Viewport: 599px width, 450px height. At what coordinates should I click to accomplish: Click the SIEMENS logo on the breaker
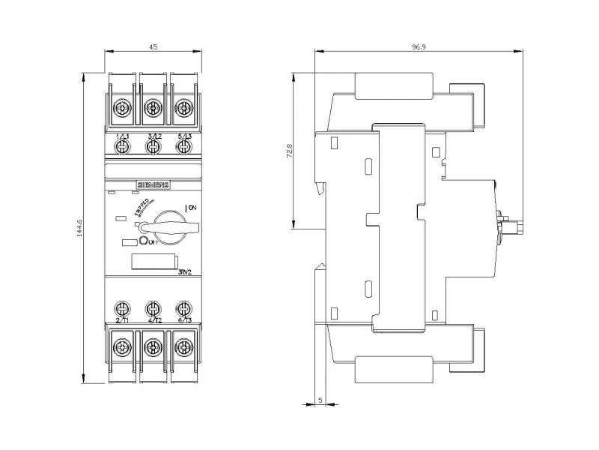point(153,184)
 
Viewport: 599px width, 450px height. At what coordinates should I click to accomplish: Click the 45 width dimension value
point(153,46)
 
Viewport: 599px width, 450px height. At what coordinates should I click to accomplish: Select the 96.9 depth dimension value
point(418,46)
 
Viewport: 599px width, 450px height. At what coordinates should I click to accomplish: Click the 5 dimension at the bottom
point(320,401)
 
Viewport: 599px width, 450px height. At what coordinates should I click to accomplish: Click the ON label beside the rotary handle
point(191,207)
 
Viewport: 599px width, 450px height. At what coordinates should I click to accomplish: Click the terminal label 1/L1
point(121,135)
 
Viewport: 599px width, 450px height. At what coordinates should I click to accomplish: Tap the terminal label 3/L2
point(153,135)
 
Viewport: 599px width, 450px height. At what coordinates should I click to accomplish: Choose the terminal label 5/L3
point(184,135)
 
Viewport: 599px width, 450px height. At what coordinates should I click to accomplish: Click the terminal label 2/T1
point(121,320)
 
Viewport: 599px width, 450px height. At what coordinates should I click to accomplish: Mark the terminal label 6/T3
point(184,320)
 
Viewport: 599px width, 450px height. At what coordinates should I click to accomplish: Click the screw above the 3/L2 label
point(153,108)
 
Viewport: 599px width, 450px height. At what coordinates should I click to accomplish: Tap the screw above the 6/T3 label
point(184,307)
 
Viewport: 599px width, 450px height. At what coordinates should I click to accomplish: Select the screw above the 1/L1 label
point(121,108)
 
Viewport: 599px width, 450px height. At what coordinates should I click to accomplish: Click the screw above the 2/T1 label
point(121,307)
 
